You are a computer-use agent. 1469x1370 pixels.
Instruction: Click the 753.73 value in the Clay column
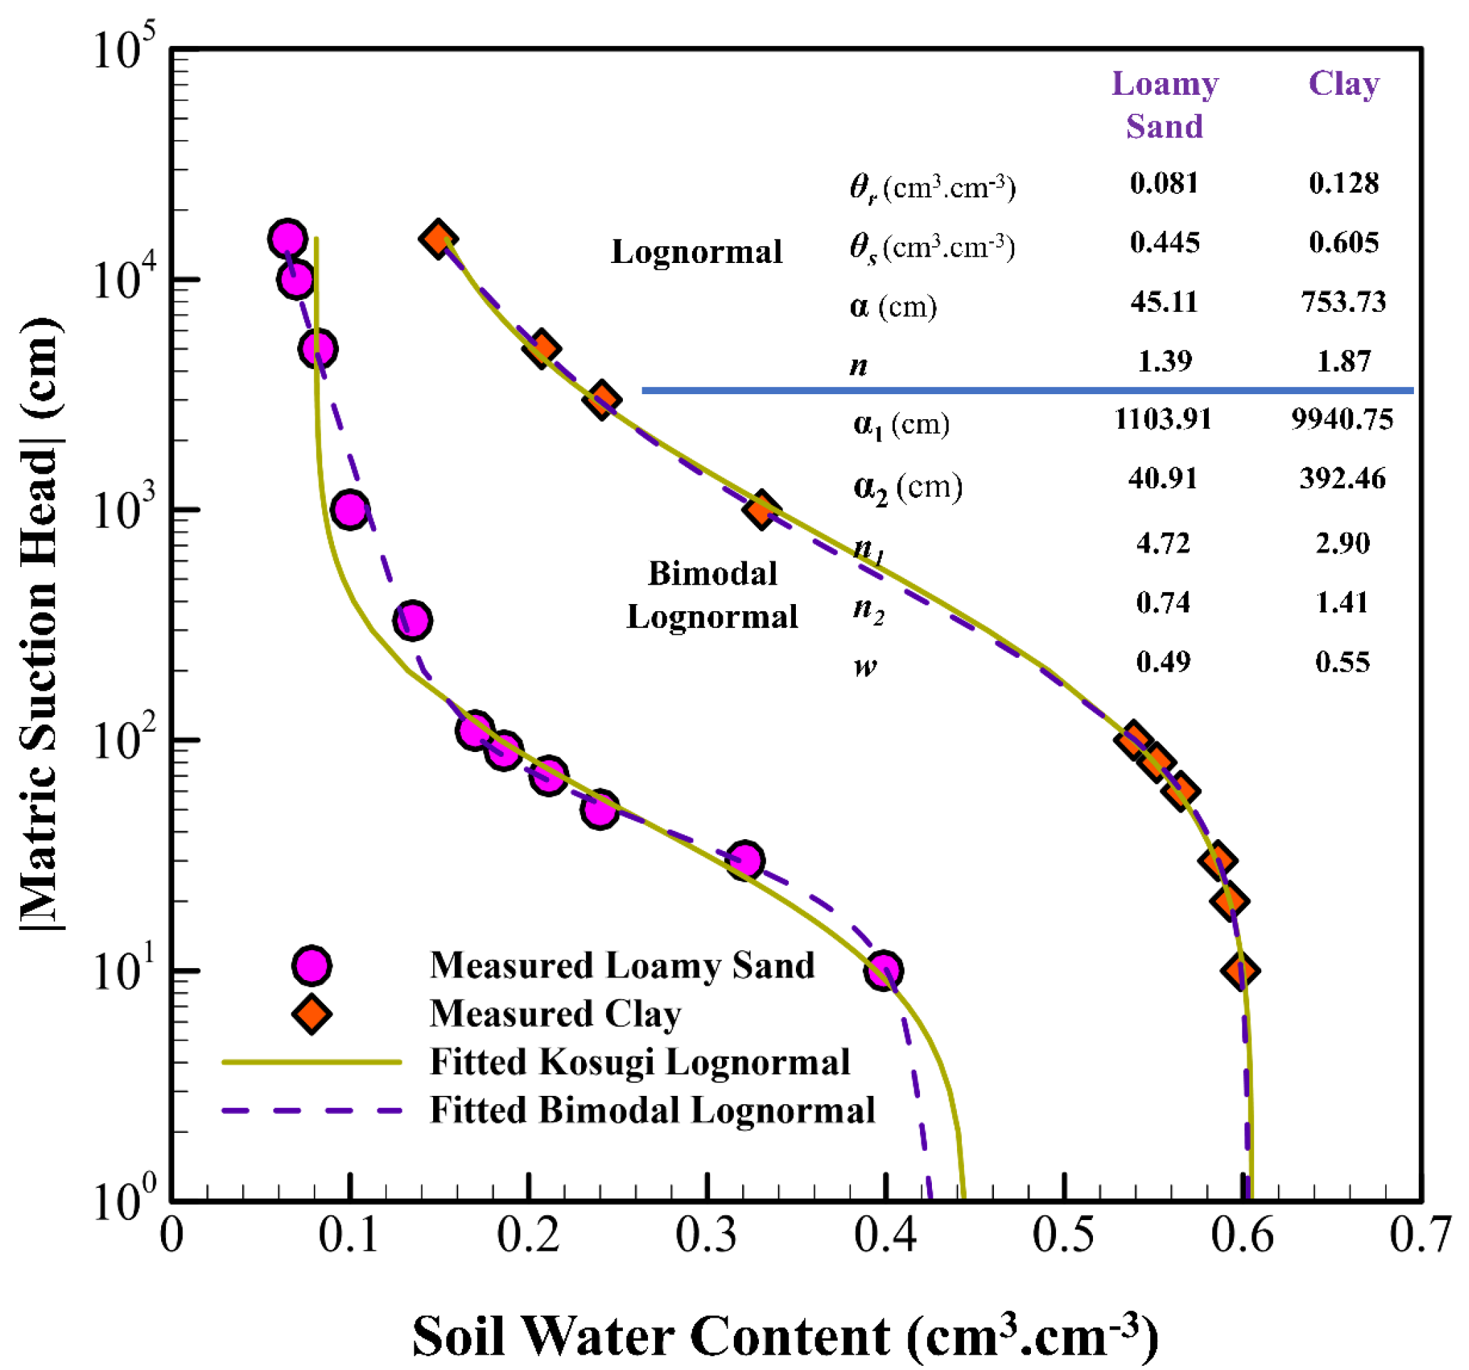[x=1343, y=302]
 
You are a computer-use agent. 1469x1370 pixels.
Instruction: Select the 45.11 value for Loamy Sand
[x=1163, y=302]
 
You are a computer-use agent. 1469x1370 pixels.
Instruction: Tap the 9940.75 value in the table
[x=1342, y=420]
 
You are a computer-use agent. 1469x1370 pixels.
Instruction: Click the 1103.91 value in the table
[x=1163, y=420]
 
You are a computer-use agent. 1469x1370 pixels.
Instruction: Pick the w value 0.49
[x=1163, y=661]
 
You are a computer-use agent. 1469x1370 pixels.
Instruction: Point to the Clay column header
[x=1343, y=84]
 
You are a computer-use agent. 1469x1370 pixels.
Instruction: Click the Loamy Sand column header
[x=1165, y=105]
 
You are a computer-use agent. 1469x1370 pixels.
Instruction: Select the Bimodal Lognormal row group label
[x=711, y=595]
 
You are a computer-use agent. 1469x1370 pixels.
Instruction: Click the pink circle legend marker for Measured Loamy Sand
[x=311, y=966]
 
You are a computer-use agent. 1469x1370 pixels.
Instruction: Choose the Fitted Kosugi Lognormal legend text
[x=640, y=1062]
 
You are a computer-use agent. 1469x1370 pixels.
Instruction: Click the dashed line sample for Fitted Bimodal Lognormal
[x=311, y=1110]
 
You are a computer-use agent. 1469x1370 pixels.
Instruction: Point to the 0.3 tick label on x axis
[x=707, y=1235]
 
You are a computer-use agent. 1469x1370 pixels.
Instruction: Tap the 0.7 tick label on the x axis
[x=1419, y=1235]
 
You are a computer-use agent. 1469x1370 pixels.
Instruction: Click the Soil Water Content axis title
[x=785, y=1334]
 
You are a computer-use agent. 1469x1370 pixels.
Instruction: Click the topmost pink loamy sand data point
[x=287, y=239]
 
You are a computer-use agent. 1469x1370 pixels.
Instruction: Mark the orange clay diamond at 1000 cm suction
[x=760, y=509]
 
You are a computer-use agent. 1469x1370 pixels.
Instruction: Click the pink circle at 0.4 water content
[x=883, y=970]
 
